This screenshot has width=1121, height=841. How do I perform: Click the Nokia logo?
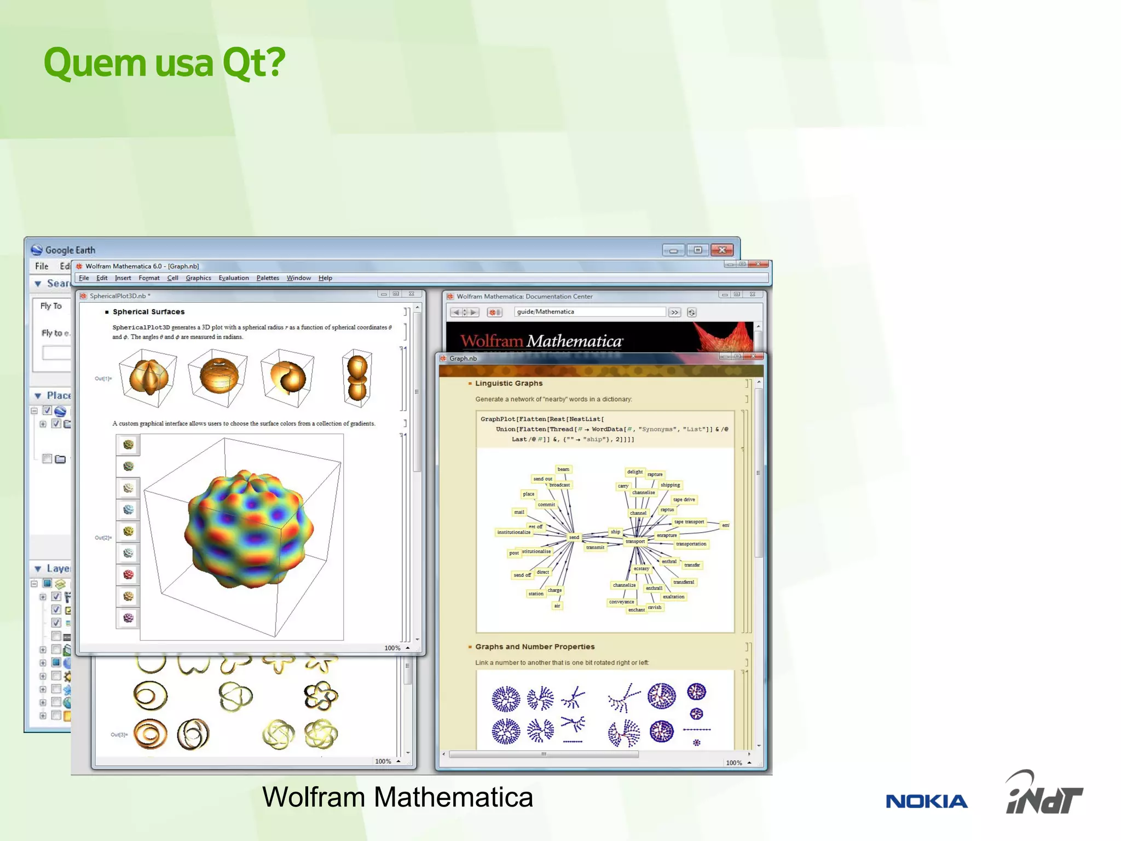[x=926, y=801]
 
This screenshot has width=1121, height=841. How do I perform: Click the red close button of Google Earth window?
[x=722, y=250]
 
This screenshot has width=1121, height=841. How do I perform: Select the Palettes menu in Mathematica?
[x=267, y=278]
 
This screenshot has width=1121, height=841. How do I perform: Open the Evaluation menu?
[x=233, y=278]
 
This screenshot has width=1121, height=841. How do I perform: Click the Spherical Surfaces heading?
[x=148, y=312]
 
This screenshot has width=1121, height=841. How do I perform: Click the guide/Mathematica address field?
[x=589, y=312]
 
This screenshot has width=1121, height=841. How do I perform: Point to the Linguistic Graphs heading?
[x=509, y=383]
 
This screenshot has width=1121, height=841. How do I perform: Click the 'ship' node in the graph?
[x=615, y=532]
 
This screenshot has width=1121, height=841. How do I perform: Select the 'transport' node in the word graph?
[x=635, y=542]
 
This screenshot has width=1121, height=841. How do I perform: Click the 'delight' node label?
[x=634, y=471]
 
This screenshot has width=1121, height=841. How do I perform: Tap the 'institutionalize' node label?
[x=513, y=532]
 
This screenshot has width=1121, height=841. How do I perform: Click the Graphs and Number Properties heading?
[x=534, y=647]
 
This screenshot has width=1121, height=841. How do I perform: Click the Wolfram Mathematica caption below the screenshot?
[x=397, y=797]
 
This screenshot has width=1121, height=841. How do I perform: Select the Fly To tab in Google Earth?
[x=51, y=306]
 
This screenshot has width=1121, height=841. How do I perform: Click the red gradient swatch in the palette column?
[x=128, y=574]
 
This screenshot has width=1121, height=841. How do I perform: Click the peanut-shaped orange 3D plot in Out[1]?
[x=357, y=378]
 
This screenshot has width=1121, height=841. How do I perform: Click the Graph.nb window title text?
[x=463, y=359]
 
